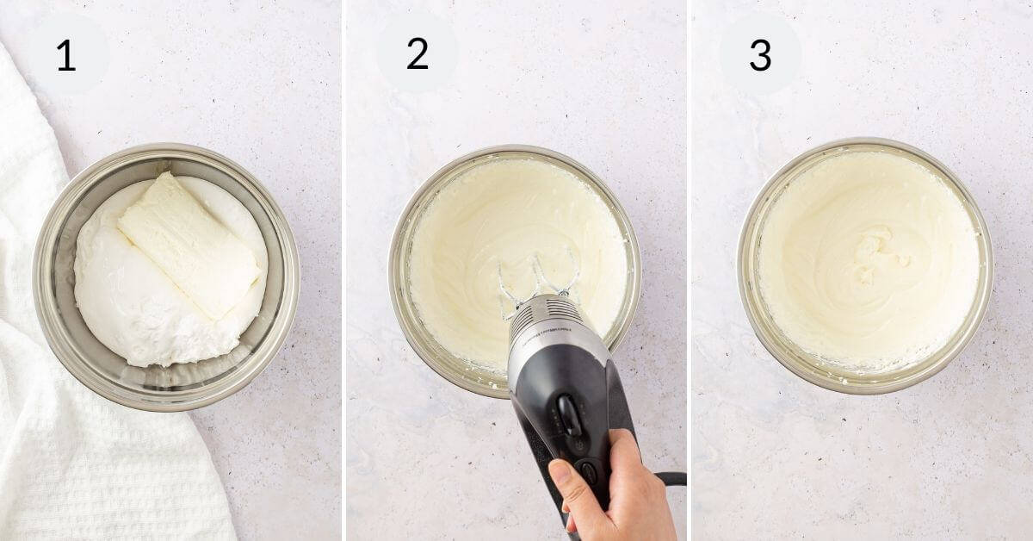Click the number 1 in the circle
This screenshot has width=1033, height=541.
[66, 55]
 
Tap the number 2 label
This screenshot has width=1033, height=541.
[418, 54]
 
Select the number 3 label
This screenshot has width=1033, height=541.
[760, 55]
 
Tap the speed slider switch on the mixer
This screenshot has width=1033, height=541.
[569, 414]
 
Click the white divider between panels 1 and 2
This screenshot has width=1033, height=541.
[343, 270]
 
